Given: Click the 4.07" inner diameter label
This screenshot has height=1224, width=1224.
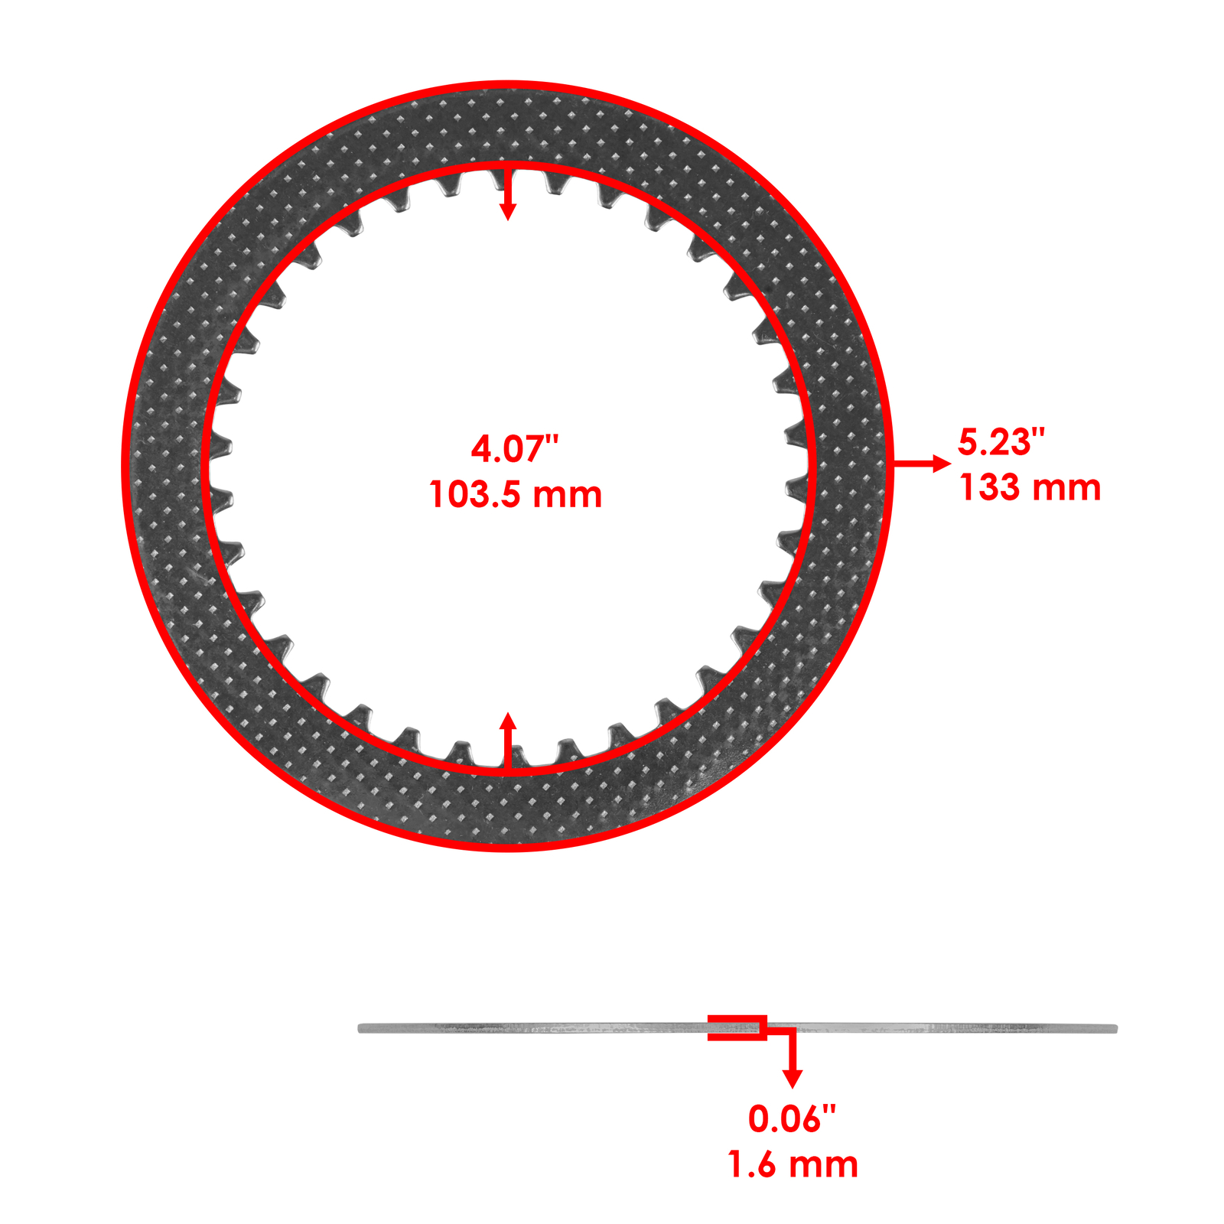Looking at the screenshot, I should click(x=514, y=448).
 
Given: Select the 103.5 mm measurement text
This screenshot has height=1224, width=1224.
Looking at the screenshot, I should click(x=515, y=495).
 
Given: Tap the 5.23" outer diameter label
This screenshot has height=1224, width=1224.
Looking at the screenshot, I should click(x=1001, y=442).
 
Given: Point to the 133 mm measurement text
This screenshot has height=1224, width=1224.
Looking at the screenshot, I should click(x=1030, y=488).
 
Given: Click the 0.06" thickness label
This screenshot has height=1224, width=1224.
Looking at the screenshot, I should click(x=792, y=1119).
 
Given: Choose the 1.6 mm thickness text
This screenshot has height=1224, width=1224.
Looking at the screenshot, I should click(x=793, y=1165).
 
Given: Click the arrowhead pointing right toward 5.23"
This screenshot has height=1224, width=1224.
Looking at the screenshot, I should click(x=942, y=464).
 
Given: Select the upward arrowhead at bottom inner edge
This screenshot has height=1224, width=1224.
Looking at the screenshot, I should click(x=508, y=721).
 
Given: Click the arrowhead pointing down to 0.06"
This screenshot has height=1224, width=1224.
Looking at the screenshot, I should click(x=793, y=1078).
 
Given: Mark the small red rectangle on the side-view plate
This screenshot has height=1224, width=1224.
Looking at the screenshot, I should click(x=737, y=1027).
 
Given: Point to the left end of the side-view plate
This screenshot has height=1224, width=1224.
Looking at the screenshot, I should click(x=362, y=1028).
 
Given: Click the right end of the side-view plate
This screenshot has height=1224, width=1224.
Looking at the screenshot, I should click(x=1114, y=1028).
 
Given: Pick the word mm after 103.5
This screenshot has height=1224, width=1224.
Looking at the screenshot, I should click(x=567, y=495).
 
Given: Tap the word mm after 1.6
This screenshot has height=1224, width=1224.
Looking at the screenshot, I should click(x=823, y=1165).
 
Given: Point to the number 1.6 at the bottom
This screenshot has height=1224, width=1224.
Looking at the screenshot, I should click(x=753, y=1165).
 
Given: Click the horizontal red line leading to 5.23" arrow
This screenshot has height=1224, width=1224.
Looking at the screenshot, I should click(x=914, y=464).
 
